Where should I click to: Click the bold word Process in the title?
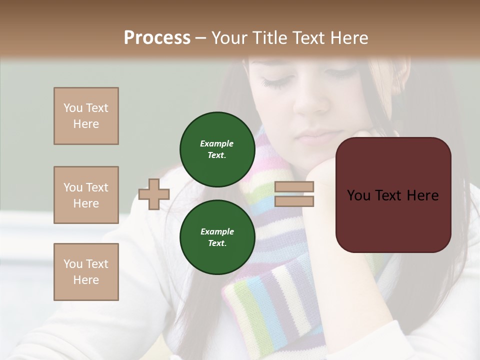click(x=157, y=37)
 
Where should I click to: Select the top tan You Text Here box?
click(x=86, y=116)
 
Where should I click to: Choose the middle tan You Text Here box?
click(x=86, y=195)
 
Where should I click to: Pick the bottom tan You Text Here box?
click(x=86, y=272)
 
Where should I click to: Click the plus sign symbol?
click(x=154, y=194)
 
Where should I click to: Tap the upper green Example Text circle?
click(x=216, y=149)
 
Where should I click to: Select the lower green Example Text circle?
click(x=216, y=237)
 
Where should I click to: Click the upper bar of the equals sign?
click(x=294, y=187)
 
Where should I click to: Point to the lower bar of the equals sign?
click(x=294, y=201)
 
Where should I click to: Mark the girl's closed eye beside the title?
click(x=274, y=81)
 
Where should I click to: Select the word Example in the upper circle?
click(x=216, y=143)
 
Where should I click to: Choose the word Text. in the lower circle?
click(x=216, y=243)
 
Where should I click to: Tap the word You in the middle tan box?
click(x=72, y=187)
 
